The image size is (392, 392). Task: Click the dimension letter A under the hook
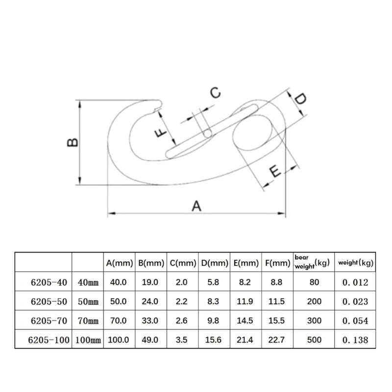tap(196, 206)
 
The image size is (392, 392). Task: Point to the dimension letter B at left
tap(73, 142)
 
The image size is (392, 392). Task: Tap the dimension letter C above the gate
tap(215, 93)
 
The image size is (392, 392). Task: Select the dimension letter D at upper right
tap(300, 98)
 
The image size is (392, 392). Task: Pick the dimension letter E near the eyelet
tap(275, 171)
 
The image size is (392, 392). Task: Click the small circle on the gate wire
tap(207, 134)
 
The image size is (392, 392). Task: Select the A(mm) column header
tap(119, 263)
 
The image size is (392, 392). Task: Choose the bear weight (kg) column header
tap(312, 262)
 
